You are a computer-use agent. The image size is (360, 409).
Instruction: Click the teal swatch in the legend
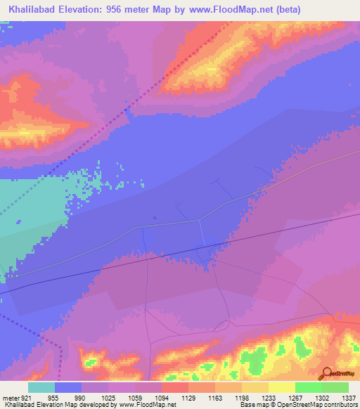(41, 387)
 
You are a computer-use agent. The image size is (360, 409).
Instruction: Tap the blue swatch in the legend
(68, 387)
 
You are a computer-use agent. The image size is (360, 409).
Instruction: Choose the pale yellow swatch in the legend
(281, 387)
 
